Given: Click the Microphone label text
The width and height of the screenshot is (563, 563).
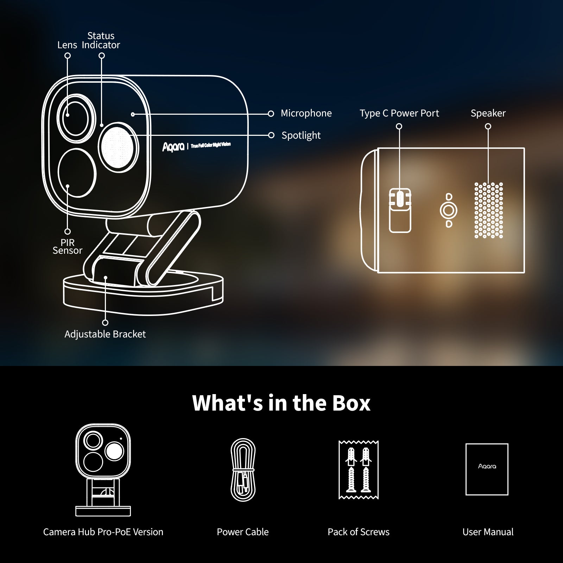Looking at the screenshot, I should [306, 113].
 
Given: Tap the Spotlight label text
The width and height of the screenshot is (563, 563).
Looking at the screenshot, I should [301, 135].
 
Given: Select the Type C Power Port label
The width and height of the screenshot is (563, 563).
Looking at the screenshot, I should [399, 113].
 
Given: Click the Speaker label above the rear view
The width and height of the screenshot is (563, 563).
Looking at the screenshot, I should [488, 113].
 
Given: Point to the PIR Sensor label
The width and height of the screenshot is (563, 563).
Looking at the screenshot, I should [67, 246].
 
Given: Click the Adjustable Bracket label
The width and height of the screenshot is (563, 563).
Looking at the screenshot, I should [105, 334].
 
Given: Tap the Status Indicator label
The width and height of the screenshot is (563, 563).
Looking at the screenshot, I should [101, 40].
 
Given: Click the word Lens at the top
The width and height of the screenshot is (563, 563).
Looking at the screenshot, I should [67, 45].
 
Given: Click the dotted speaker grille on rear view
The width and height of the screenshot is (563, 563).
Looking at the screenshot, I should [488, 210].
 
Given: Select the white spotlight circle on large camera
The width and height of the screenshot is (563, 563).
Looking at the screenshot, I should [118, 147].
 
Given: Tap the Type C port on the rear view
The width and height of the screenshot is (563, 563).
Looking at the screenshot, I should [400, 199].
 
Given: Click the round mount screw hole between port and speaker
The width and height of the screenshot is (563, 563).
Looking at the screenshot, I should [448, 210].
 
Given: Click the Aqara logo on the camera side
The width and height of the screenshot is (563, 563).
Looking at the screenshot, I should [173, 147].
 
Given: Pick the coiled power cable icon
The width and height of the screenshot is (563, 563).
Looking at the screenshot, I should [243, 470].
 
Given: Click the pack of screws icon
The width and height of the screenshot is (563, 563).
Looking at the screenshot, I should [358, 470].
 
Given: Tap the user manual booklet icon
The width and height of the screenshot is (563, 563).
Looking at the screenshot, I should [487, 469].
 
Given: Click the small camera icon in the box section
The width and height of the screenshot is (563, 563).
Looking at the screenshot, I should [103, 470].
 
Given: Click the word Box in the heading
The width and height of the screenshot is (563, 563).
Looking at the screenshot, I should [351, 403].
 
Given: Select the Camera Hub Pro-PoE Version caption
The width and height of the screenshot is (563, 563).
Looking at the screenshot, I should [103, 532].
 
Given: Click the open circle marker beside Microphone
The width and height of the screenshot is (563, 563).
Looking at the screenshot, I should [271, 114].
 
